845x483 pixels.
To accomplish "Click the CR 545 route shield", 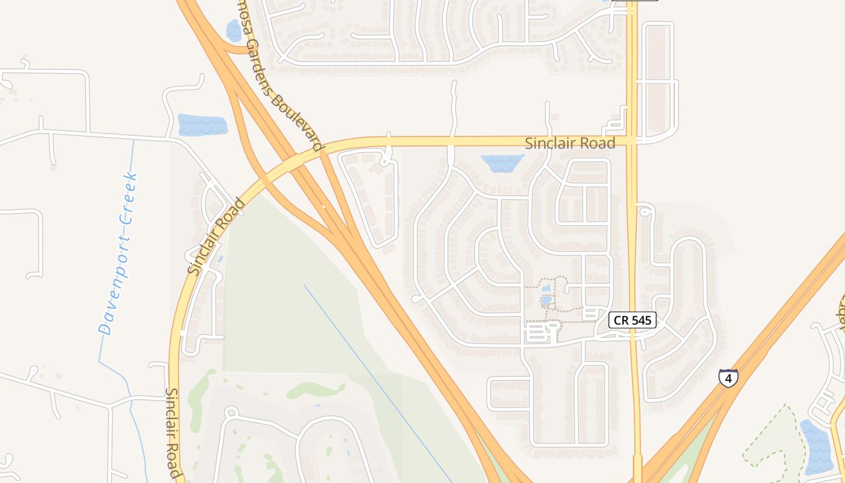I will (632, 320).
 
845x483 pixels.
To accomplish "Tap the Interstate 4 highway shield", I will (729, 378).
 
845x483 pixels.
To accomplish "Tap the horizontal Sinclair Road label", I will (570, 143).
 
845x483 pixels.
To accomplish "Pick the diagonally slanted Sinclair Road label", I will (216, 236).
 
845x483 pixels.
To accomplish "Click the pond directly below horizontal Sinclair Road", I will (502, 162).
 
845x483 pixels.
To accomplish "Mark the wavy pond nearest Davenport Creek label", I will (202, 125).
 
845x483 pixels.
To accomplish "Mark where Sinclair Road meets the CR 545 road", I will (632, 141).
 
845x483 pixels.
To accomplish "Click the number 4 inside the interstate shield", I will (729, 379).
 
